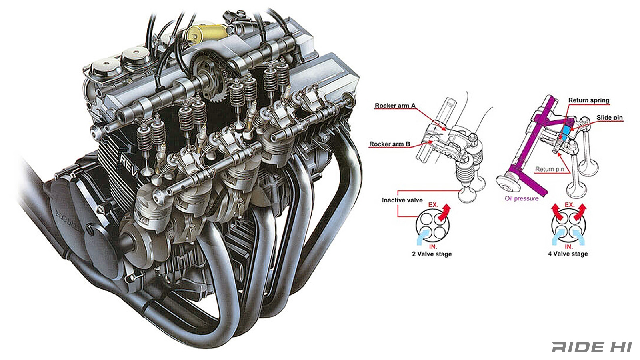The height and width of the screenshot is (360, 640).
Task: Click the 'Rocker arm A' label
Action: pyautogui.click(x=395, y=106)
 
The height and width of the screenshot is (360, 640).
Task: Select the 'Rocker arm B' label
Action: pyautogui.click(x=390, y=144)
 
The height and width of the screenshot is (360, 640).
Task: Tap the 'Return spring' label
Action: pyautogui.click(x=588, y=100)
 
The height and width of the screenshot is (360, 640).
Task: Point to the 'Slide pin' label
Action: pyautogui.click(x=609, y=117)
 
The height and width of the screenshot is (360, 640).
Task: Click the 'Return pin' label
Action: pyautogui.click(x=549, y=169)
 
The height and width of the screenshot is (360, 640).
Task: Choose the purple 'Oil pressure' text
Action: pyautogui.click(x=521, y=198)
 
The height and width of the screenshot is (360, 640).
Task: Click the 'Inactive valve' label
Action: pyautogui.click(x=402, y=200)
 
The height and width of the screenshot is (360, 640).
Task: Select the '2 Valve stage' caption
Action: pyautogui.click(x=432, y=254)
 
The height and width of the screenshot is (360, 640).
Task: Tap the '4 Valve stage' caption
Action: pyautogui.click(x=568, y=254)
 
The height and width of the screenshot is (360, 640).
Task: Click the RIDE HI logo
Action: pyautogui.click(x=592, y=347)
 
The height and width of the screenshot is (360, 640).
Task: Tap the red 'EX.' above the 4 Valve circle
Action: pyautogui.click(x=569, y=205)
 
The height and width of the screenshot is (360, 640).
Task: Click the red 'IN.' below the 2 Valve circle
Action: pyautogui.click(x=433, y=247)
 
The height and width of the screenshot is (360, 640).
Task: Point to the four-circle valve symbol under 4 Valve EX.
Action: pyautogui.click(x=568, y=226)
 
